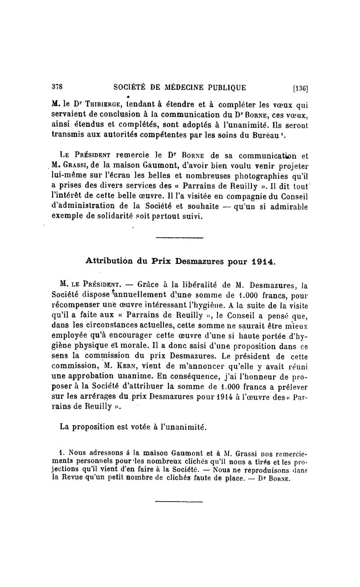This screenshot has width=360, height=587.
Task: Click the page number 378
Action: click(57, 88)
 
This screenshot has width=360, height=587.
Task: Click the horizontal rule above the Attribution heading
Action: click(179, 238)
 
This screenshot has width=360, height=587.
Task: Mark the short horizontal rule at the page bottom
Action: click(179, 501)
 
